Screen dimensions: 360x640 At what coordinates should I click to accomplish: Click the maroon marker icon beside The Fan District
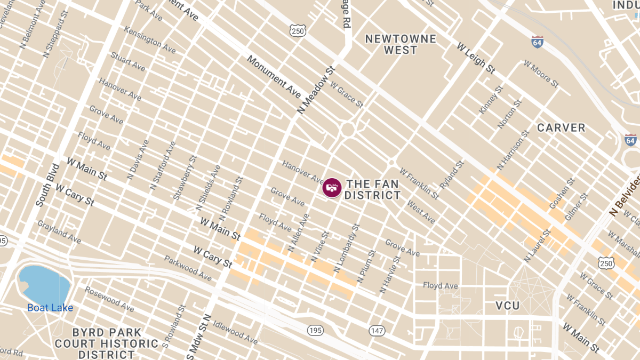click(x=332, y=188)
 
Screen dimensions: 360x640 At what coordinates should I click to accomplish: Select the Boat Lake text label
click(x=50, y=308)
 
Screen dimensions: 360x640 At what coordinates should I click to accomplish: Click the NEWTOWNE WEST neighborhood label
click(x=401, y=45)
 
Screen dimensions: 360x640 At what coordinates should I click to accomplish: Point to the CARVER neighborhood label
click(x=561, y=128)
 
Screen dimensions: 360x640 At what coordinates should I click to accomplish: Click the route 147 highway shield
click(x=377, y=331)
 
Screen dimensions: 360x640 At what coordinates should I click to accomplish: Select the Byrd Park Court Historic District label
click(x=106, y=343)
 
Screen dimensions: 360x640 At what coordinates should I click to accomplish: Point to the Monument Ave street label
click(x=274, y=76)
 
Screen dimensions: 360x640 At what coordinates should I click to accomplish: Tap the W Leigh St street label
click(x=476, y=58)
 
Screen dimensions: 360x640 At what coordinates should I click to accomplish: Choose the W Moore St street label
click(x=541, y=74)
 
